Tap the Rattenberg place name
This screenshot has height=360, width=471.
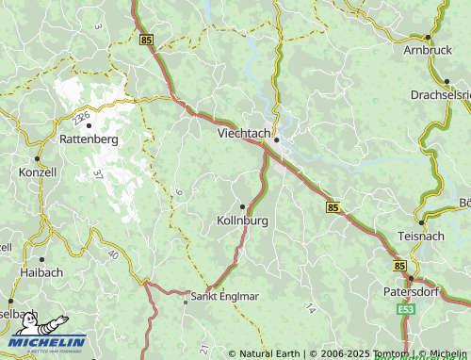[89, 139]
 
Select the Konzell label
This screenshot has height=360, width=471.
[38, 172]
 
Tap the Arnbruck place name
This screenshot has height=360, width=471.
[428, 49]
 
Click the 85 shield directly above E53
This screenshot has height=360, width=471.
[401, 267]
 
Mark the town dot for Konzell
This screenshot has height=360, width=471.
[38, 157]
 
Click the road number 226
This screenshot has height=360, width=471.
[83, 116]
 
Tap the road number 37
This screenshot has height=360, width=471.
[99, 173]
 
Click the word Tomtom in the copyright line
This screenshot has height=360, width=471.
[389, 353]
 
